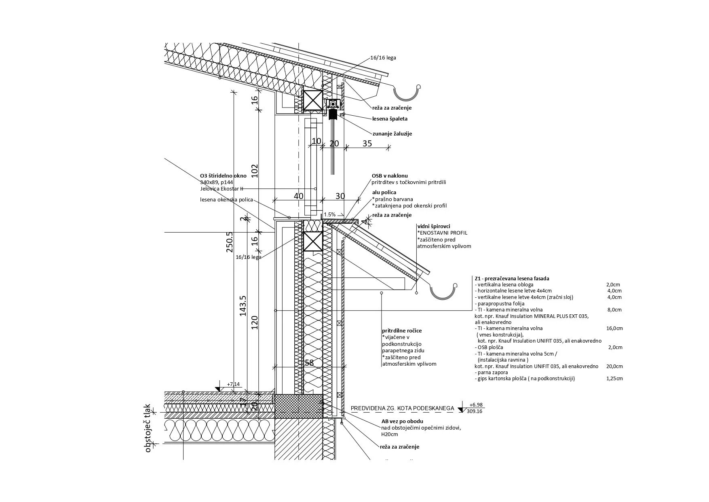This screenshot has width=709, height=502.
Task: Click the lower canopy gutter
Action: pyautogui.click(x=444, y=292)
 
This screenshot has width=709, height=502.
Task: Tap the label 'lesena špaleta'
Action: pyautogui.click(x=390, y=119)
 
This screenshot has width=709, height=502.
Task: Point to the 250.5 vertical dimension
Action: pyautogui.click(x=230, y=242)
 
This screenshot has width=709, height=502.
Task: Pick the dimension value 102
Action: pyautogui.click(x=255, y=172)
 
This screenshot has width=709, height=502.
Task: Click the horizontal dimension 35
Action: pyautogui.click(x=367, y=143)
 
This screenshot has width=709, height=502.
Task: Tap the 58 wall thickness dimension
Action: pyautogui.click(x=309, y=363)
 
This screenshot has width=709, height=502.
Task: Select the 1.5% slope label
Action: pyautogui.click(x=330, y=214)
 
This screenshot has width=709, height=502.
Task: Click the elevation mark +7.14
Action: pyautogui.click(x=233, y=384)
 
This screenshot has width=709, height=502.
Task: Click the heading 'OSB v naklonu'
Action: pyautogui.click(x=390, y=176)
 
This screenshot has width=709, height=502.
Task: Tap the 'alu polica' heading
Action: pyautogui.click(x=384, y=193)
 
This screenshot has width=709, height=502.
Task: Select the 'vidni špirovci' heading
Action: pyautogui.click(x=433, y=227)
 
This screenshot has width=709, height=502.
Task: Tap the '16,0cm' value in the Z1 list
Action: pyautogui.click(x=614, y=328)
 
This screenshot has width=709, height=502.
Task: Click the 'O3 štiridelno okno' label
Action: pyautogui.click(x=223, y=176)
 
